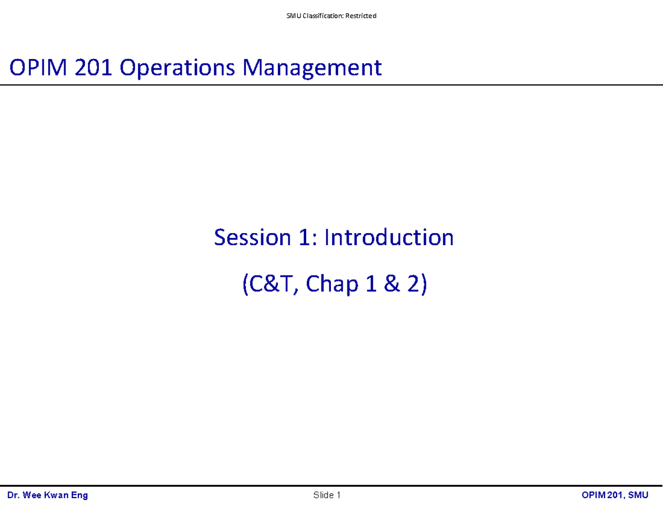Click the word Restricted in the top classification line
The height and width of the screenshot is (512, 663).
click(361, 16)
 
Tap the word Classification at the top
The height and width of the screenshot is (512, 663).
click(323, 16)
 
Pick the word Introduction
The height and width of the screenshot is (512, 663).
click(389, 237)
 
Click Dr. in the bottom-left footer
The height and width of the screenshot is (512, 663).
click(13, 495)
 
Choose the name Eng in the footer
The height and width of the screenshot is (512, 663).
click(80, 495)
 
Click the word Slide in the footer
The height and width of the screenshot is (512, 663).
click(323, 495)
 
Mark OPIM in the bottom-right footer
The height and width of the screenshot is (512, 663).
click(594, 495)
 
